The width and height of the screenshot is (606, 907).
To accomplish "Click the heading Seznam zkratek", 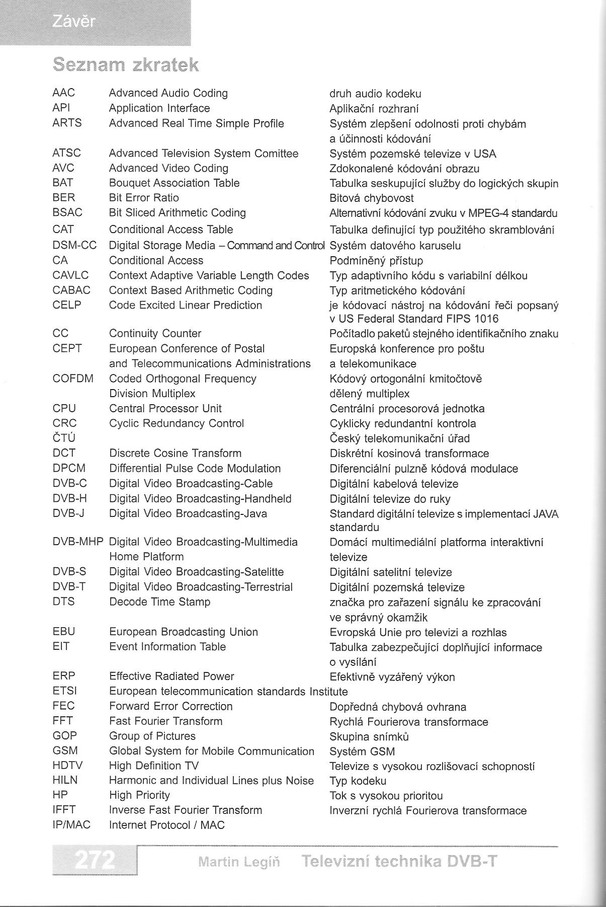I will pos(126,65).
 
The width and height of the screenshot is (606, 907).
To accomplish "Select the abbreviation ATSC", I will pos(66,153).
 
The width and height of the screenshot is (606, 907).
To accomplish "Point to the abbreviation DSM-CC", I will pos(74,245).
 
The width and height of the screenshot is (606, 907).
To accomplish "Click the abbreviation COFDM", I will pos(73,379).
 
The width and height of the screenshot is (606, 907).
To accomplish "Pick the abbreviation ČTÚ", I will pos(64,438).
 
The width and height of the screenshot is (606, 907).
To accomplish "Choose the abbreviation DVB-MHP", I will pos(78,542).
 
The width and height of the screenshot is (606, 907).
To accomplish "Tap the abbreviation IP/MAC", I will pos(71,825).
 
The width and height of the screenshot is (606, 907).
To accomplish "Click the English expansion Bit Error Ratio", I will pos(144,198).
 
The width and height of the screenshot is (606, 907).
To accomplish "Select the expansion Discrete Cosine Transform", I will pos(175,453).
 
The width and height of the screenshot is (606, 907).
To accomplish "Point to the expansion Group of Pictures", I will pos(152,736).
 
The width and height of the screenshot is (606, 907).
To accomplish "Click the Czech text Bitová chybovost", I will pos(372,198).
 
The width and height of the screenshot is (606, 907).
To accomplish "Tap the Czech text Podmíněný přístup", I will pos(376,261).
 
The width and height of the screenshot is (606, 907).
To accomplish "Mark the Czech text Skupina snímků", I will pos(369,737).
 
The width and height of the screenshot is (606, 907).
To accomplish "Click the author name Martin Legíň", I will pos(239,862).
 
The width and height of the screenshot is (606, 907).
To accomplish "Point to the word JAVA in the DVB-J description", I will pos(546,514).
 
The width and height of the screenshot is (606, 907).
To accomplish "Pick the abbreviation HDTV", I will pos(67,766).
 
